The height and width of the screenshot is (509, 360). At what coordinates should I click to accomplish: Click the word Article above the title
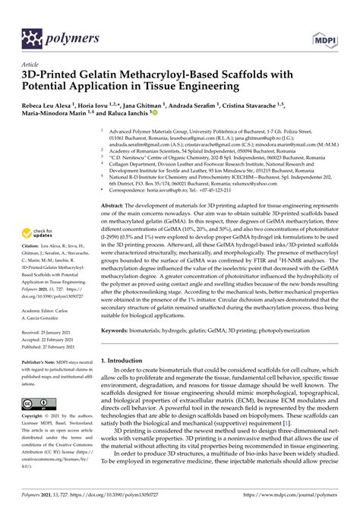pyautogui.click(x=32, y=65)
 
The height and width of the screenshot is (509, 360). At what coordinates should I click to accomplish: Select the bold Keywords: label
pyautogui.click(x=119, y=330)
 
